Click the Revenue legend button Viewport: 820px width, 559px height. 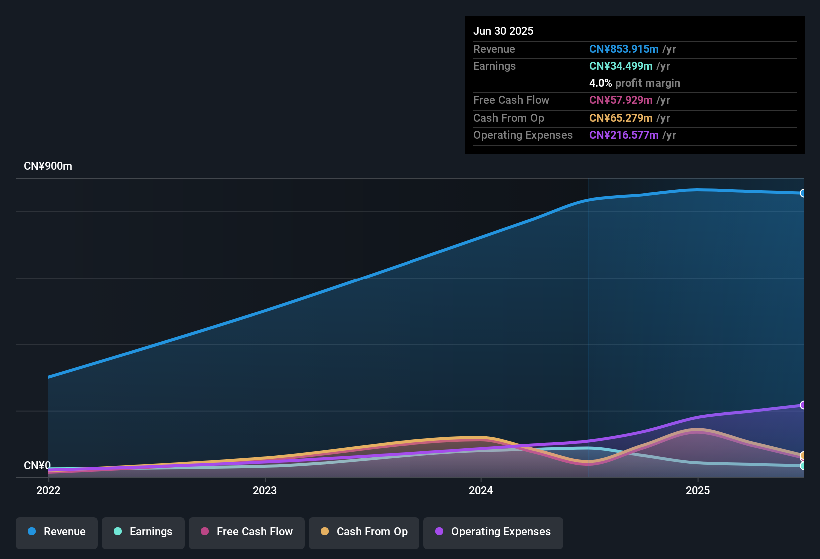click(57, 532)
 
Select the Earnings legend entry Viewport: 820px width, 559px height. click(143, 532)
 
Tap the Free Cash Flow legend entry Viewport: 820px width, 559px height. click(247, 532)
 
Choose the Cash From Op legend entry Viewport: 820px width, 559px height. click(364, 532)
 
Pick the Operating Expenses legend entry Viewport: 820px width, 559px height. click(493, 532)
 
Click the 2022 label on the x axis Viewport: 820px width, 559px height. click(48, 490)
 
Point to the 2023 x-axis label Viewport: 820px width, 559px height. click(265, 490)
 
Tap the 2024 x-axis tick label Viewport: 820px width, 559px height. click(481, 490)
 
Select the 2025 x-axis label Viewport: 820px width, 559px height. click(698, 490)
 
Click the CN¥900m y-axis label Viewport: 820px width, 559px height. click(48, 166)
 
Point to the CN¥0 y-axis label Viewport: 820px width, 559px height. click(37, 466)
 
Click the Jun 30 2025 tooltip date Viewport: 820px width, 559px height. click(503, 31)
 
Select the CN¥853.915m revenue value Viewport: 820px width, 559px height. click(624, 49)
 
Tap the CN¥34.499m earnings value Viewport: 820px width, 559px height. click(621, 66)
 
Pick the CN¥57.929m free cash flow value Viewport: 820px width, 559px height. click(621, 100)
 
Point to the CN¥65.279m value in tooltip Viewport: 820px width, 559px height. click(621, 118)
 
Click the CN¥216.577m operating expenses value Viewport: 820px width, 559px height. click(624, 135)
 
